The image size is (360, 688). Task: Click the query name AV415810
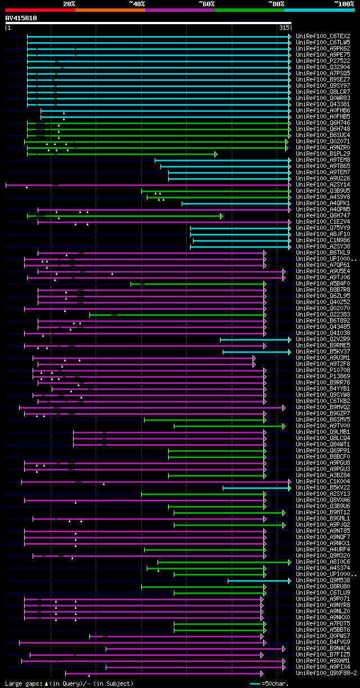[21, 18]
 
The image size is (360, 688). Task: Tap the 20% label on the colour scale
[69, 4]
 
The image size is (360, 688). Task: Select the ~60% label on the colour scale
[206, 4]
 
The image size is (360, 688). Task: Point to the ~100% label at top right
[343, 4]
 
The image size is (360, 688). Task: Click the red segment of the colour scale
[40, 10]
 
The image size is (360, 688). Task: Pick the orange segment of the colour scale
[110, 10]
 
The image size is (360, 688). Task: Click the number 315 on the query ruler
[283, 28]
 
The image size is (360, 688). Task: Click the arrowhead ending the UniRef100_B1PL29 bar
[215, 153]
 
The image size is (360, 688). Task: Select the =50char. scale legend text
[275, 684]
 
